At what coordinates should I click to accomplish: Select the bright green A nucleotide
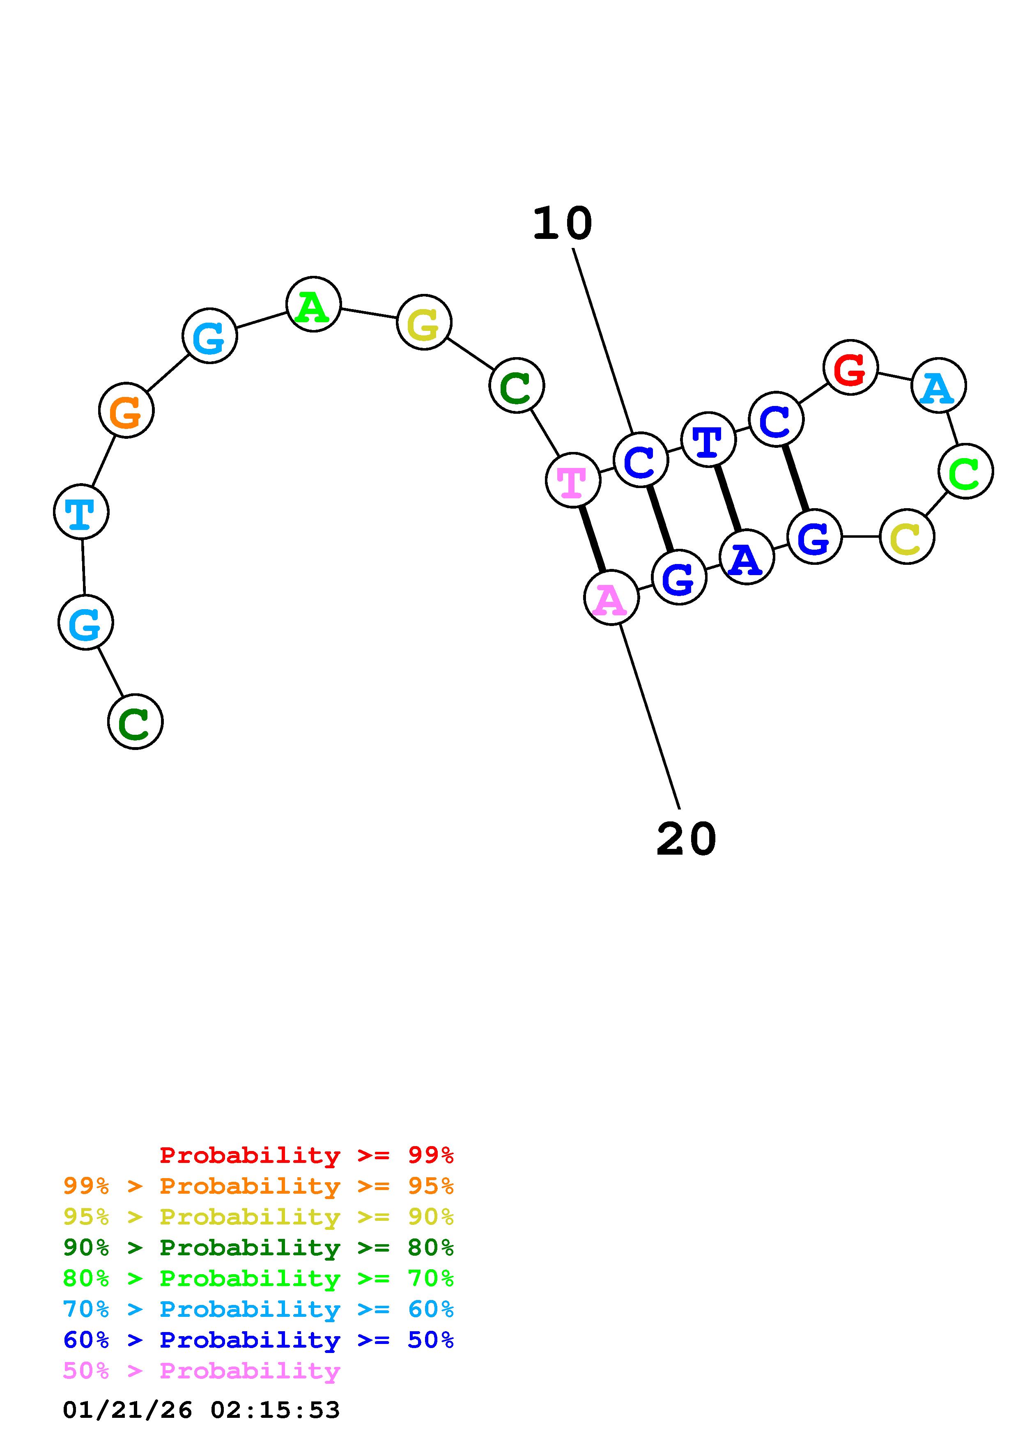point(313,305)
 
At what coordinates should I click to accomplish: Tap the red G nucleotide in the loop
point(850,368)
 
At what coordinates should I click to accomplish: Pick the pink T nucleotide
point(573,480)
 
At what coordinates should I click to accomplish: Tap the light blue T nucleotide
point(81,512)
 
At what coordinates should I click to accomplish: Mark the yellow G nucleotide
point(424,323)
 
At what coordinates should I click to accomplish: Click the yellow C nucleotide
point(906,537)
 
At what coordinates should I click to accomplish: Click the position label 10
point(562,224)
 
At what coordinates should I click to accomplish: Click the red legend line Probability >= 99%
point(306,1155)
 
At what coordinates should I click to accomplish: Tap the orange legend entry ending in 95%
point(258,1186)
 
